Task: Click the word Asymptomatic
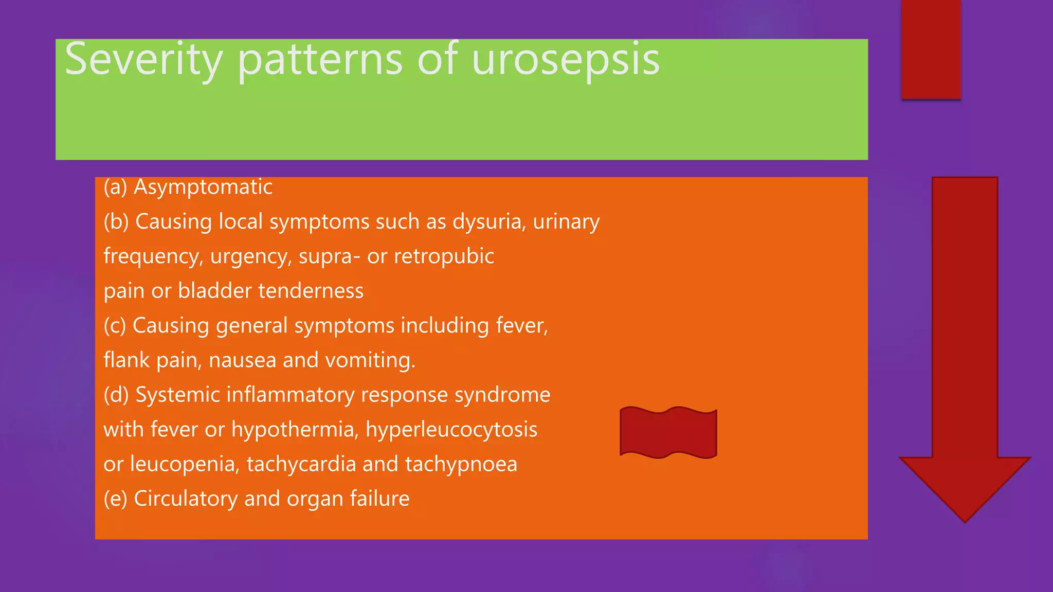(203, 187)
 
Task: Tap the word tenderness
(311, 291)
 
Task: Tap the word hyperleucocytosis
(451, 430)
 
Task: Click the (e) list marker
(115, 498)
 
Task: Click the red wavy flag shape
(668, 432)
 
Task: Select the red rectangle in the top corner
(931, 49)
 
